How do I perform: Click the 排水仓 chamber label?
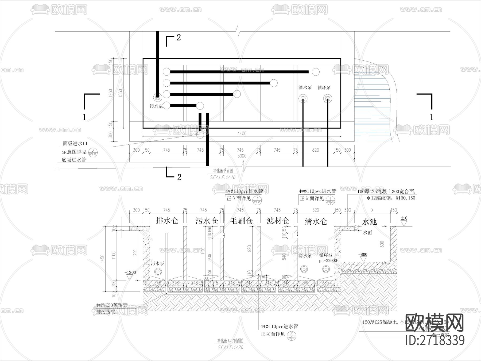[x=167, y=221]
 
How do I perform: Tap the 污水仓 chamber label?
[x=206, y=221]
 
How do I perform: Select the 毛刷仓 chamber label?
[x=241, y=221]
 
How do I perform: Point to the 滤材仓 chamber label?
[x=278, y=221]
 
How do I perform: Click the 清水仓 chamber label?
[x=316, y=221]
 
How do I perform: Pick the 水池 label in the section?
[x=369, y=222]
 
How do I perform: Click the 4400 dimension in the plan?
[x=242, y=133]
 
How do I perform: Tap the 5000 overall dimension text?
[x=242, y=156]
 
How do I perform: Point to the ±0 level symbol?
[x=404, y=220]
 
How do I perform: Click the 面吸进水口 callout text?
[x=75, y=144]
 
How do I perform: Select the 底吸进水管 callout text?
[x=74, y=160]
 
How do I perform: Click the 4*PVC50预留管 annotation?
[x=111, y=305]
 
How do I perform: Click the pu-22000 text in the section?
[x=328, y=260]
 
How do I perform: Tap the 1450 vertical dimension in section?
[x=103, y=259]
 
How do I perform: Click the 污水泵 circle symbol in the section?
[x=158, y=272]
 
